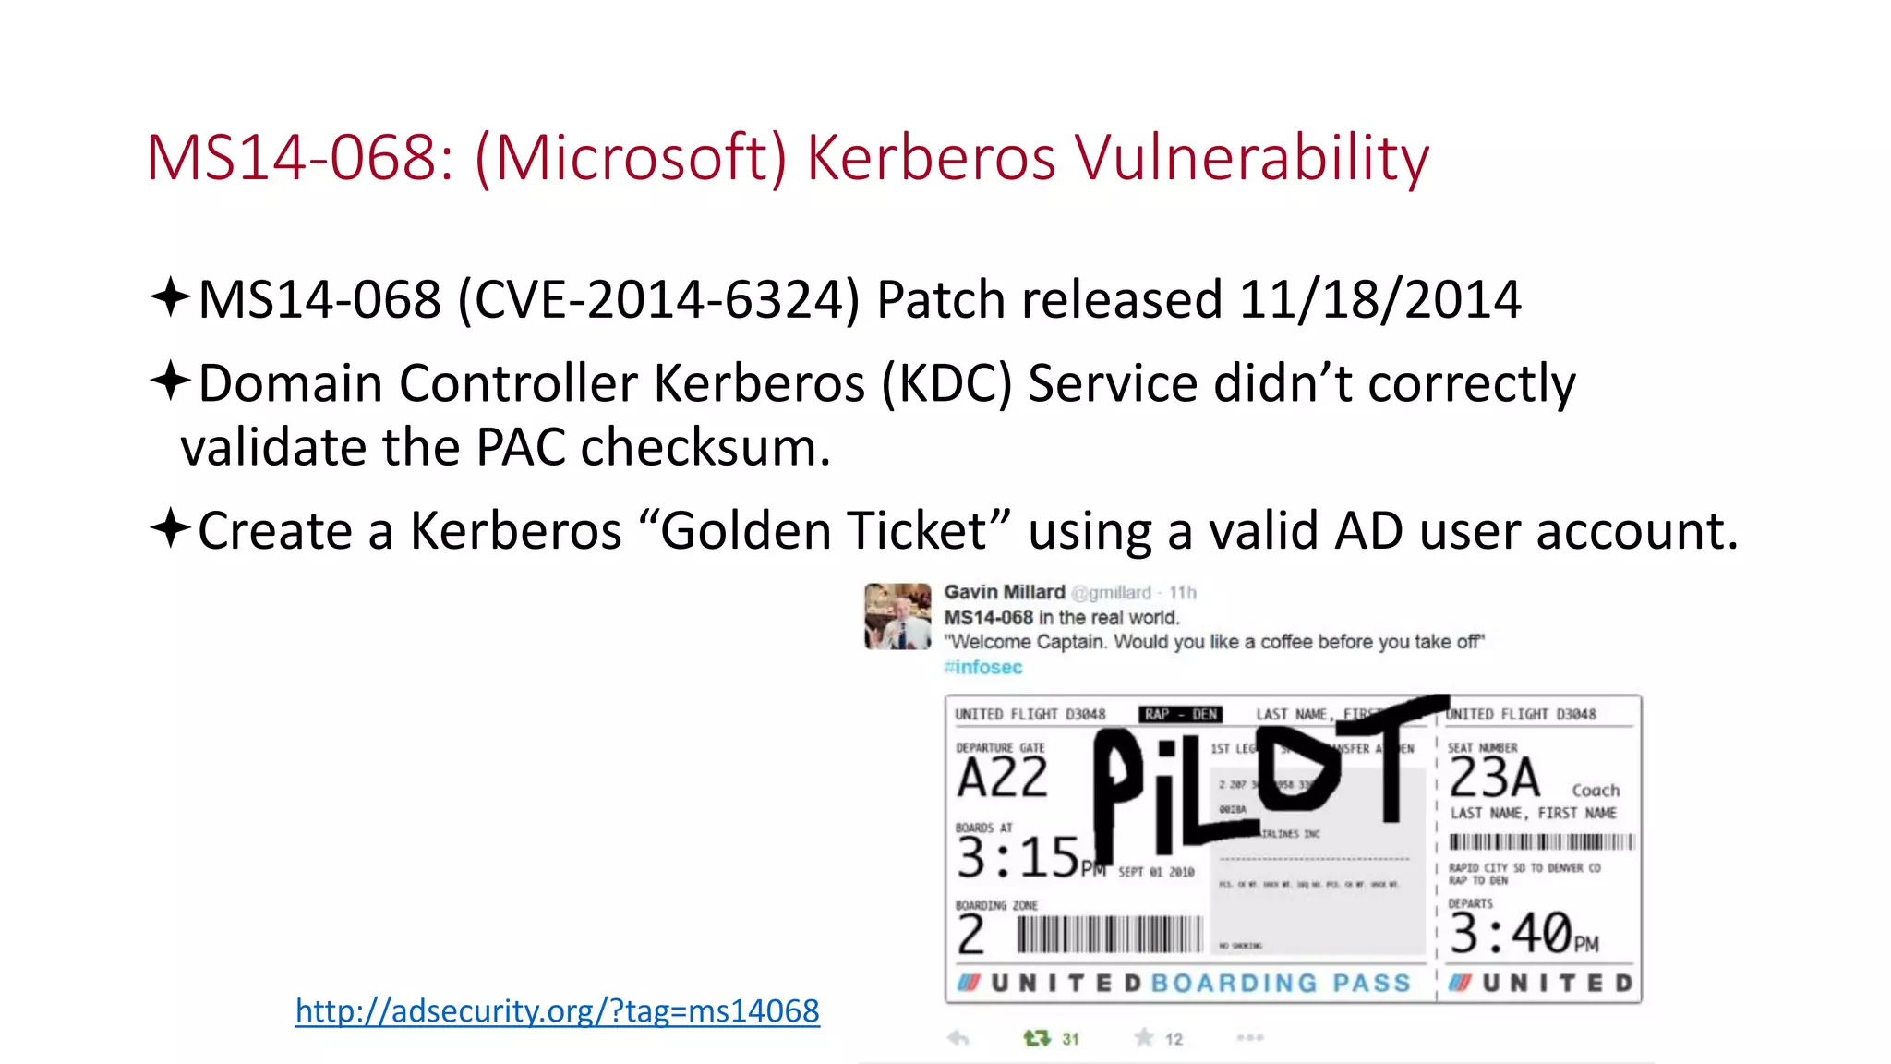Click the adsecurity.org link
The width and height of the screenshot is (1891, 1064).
coord(557,1010)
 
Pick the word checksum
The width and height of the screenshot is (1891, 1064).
coord(705,448)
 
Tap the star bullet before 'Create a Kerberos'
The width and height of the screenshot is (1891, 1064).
coord(170,528)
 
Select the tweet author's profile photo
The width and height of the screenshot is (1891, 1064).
coord(897,616)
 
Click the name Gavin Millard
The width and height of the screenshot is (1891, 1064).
coord(1004,592)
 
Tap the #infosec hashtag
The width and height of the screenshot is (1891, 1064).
coord(982,667)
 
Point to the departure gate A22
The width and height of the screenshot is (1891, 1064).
coord(1002,778)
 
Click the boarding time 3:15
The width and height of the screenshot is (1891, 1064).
coord(1018,857)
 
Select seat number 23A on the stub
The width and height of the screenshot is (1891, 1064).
coord(1494,778)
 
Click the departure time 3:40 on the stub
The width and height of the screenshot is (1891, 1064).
coord(1511,933)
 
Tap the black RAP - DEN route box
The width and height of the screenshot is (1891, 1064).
coord(1180,714)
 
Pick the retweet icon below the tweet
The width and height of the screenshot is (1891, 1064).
coord(1037,1038)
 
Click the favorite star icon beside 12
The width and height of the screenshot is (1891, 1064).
coord(1144,1038)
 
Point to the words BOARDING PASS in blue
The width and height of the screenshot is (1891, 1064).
coord(1281,983)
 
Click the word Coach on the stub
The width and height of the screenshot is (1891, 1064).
coord(1596,791)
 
